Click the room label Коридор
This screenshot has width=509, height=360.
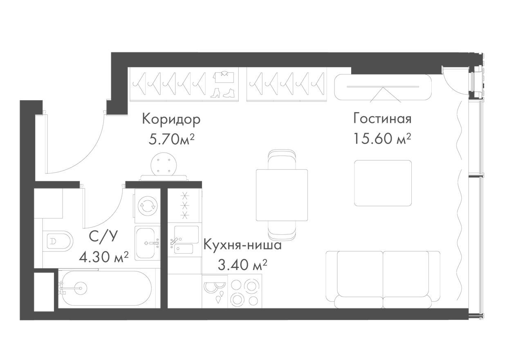[171, 119]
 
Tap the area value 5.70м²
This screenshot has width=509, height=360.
[171, 139]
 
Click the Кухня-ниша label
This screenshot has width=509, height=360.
[242, 245]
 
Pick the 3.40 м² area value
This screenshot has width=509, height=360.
[242, 265]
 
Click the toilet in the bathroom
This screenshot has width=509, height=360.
[58, 241]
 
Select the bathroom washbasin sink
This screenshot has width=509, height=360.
[147, 243]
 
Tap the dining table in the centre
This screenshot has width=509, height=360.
[282, 195]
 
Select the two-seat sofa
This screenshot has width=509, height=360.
[383, 279]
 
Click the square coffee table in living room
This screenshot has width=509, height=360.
[383, 183]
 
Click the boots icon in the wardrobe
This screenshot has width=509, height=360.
[222, 92]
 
